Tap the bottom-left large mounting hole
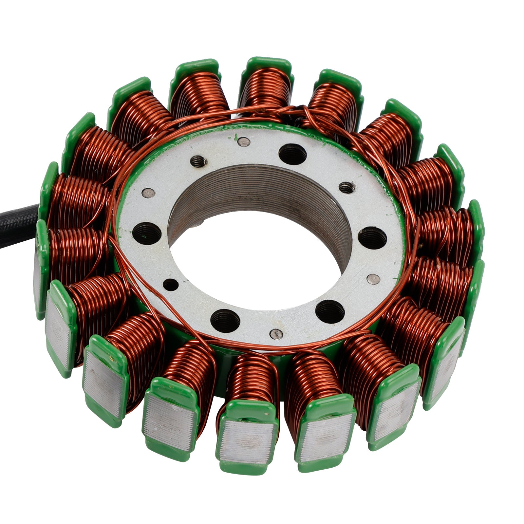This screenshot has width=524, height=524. coord(225,319)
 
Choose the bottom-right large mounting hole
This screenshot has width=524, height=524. coord(330,311)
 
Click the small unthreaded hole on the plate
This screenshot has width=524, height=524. coord(171,285)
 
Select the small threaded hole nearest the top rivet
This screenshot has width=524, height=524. coord(199,161)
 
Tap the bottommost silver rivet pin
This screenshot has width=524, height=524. coord(276,334)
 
